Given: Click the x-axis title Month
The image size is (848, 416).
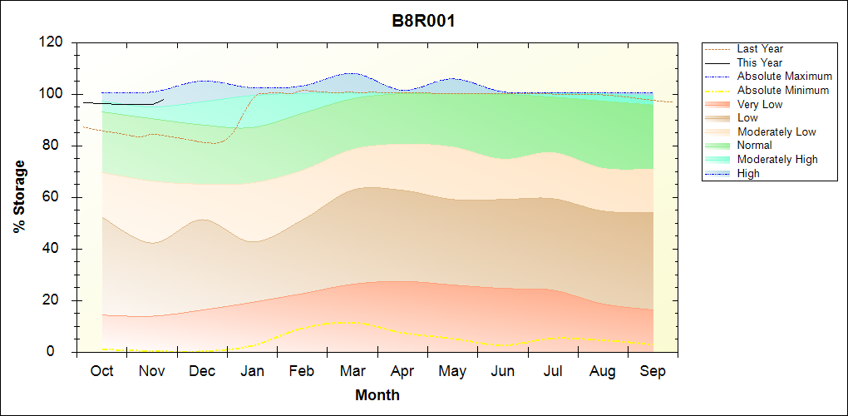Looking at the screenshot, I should pos(377,395).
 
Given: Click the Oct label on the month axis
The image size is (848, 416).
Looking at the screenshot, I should pos(101,371).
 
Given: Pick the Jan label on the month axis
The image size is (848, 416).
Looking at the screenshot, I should pos(252,371).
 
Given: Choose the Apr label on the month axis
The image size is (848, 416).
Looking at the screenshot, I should pos(402,371).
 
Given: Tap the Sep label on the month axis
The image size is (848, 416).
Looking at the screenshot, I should pos(653,371).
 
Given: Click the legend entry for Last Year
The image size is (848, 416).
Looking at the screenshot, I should pos(760,49).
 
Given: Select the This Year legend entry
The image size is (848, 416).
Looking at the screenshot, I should pos(759,62).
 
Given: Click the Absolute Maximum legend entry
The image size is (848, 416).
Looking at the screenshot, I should pos(784,77).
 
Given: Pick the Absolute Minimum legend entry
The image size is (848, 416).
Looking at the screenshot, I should pos(782,90).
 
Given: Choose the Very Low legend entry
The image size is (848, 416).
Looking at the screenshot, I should pos(760,104).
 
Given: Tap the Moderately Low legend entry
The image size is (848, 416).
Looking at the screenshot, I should pos(777,131).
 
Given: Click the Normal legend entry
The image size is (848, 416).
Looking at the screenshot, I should pos(755,146).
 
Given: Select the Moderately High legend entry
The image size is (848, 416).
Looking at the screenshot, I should pos(777,159).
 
